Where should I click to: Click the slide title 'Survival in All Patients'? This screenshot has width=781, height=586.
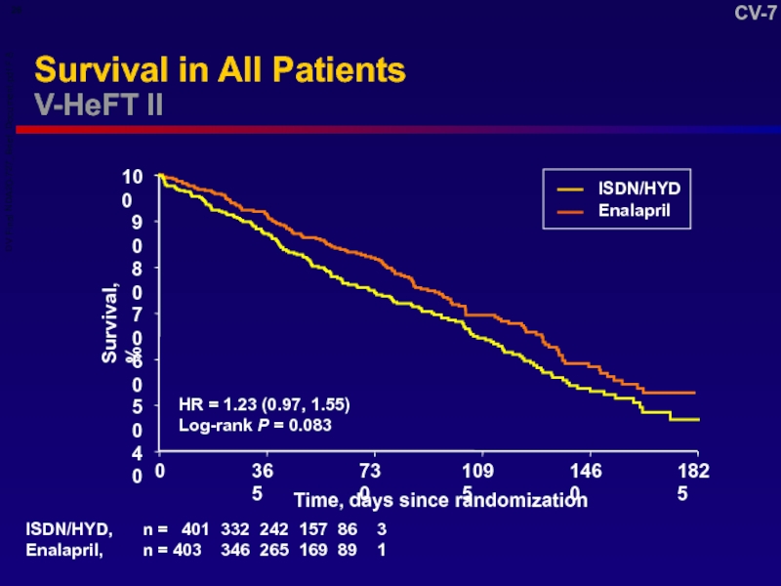220,70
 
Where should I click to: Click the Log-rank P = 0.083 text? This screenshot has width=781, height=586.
255,425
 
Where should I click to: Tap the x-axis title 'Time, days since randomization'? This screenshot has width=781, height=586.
441,500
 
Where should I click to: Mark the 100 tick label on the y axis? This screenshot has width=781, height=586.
132,186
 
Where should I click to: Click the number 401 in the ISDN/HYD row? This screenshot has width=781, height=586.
196,530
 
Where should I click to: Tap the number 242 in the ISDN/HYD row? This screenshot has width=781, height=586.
274,530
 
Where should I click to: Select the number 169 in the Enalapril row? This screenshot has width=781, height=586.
313,550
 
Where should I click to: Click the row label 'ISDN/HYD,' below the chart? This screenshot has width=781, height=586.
69,530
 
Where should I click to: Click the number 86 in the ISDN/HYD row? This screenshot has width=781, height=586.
347,530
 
